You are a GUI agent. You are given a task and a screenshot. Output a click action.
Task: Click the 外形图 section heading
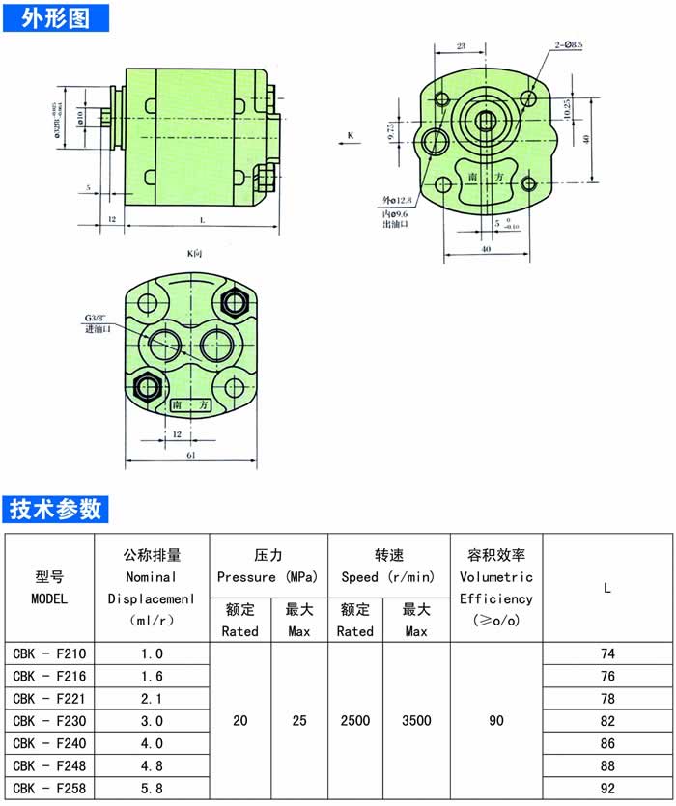[55, 16]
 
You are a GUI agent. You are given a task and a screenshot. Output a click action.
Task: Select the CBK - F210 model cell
[50, 653]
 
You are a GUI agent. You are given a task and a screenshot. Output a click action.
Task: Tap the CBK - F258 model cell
[50, 789]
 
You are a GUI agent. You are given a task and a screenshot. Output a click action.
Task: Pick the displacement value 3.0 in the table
[153, 721]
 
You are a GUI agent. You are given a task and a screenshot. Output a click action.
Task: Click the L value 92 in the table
[607, 789]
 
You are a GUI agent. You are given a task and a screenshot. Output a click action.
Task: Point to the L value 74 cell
[607, 653]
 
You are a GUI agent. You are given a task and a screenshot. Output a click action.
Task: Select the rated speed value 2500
[354, 721]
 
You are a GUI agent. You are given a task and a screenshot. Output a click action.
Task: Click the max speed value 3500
[416, 721]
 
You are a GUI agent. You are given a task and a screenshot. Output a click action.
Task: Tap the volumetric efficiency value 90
[495, 721]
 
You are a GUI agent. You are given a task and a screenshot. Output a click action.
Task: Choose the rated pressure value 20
[240, 721]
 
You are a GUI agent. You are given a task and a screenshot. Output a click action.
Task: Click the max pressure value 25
[299, 721]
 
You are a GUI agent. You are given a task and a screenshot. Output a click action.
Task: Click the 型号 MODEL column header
[50, 587]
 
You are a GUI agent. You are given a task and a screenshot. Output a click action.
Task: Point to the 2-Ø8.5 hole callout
[569, 44]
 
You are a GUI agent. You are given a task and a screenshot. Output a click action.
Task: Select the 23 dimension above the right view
[461, 46]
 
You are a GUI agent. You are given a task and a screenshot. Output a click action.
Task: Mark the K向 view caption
[194, 253]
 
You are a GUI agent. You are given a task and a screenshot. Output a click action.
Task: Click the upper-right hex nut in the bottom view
[234, 302]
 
